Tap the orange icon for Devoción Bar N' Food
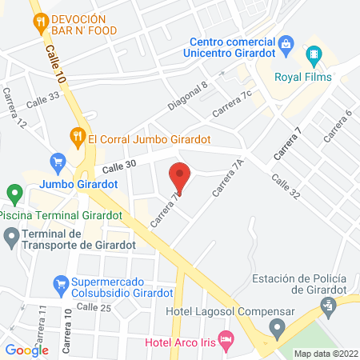click(41, 24)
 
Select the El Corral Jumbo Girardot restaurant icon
click(78, 136)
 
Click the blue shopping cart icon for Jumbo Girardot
click(57, 162)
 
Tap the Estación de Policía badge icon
click(327, 305)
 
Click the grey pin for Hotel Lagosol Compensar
click(277, 327)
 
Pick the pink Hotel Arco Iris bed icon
click(226, 341)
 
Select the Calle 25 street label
click(94, 307)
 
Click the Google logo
click(27, 350)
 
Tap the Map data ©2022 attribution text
click(326, 353)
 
